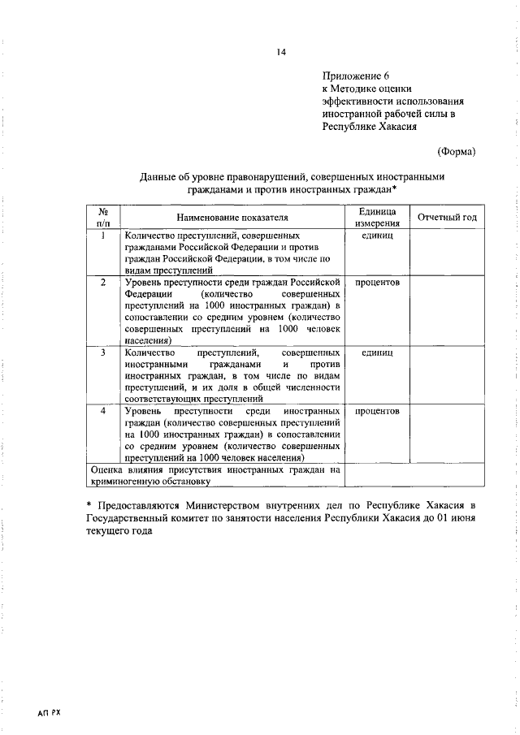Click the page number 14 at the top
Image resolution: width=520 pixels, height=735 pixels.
coord(280,53)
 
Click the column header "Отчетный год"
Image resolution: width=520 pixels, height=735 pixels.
coord(447,217)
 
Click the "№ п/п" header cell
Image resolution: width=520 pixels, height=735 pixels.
coord(102,217)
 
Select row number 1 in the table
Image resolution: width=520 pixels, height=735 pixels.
coord(102,236)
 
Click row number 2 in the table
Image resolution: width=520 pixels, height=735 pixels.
coord(102,283)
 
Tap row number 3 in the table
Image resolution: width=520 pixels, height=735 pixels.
coord(102,354)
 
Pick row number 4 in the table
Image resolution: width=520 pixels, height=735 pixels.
coord(102,412)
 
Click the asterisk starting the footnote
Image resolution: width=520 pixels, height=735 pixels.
coord(91,505)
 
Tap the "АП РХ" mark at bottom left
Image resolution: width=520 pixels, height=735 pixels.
coord(49,711)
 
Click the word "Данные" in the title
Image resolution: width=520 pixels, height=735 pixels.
coord(158,175)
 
